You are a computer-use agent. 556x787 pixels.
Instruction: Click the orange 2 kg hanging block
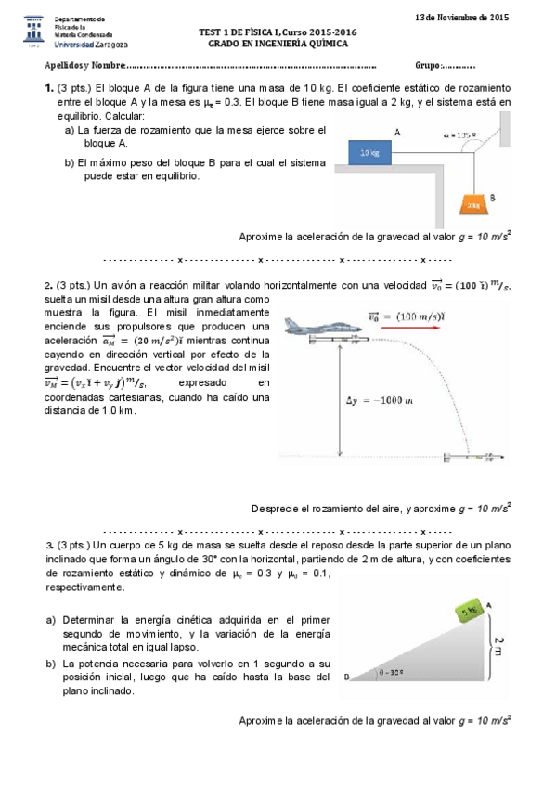473,201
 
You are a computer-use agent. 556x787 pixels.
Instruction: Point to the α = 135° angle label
459,135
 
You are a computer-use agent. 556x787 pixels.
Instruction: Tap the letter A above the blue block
396,133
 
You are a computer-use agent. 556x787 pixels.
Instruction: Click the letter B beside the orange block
492,198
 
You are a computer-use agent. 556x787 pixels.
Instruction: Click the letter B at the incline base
344,677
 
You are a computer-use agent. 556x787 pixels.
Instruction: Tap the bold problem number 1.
47,87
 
